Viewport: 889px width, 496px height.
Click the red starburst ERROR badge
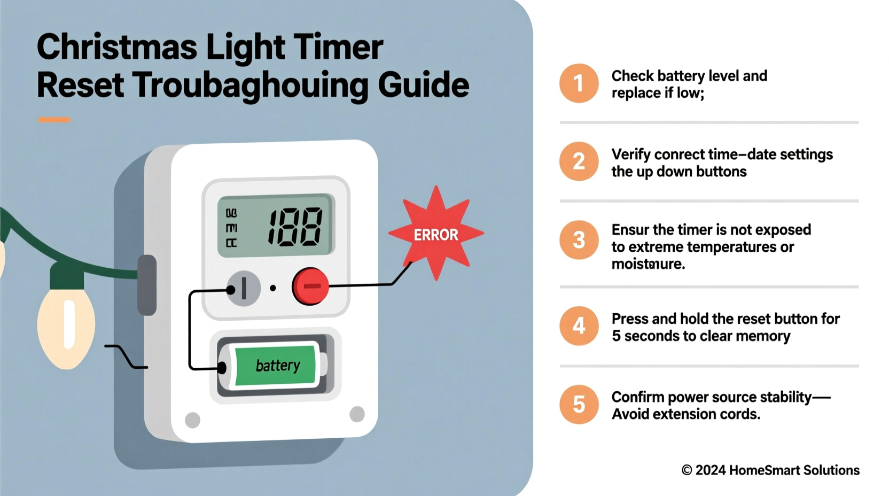[436, 234]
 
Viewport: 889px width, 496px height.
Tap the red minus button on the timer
[310, 286]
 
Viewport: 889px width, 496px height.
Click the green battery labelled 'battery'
[276, 366]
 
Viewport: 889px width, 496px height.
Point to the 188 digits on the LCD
[295, 227]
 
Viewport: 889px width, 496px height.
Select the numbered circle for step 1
[579, 83]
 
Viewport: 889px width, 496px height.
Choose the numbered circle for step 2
[579, 161]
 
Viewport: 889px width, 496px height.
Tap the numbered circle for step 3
[579, 240]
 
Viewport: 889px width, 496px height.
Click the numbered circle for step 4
[579, 326]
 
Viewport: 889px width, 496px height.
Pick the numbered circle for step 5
[579, 405]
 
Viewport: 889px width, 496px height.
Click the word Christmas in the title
[116, 47]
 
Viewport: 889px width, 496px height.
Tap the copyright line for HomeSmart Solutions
[770, 470]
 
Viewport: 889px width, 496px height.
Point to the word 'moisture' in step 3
[648, 264]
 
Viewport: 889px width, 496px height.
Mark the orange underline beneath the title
[54, 120]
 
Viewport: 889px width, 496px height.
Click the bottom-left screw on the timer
[192, 420]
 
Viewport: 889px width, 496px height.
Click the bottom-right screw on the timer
[357, 414]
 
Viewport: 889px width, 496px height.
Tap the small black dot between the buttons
[273, 288]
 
